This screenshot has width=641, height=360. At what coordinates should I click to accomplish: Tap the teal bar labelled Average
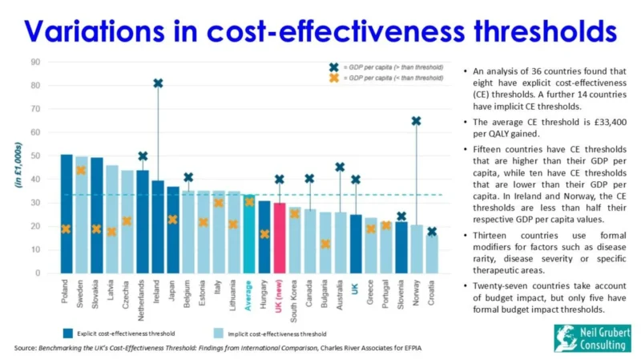click(x=248, y=233)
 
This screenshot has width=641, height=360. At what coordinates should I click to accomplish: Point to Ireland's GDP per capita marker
click(x=158, y=83)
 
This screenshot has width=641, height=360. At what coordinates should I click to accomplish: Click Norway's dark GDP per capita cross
click(x=416, y=121)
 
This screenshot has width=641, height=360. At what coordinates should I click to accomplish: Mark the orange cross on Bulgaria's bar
click(x=325, y=244)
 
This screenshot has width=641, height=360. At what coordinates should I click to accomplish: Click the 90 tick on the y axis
click(x=36, y=62)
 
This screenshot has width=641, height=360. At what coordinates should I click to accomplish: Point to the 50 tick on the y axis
click(x=36, y=156)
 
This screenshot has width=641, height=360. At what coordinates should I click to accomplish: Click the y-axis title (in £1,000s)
click(x=17, y=167)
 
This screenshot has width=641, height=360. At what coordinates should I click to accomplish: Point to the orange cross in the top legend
click(x=333, y=78)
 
